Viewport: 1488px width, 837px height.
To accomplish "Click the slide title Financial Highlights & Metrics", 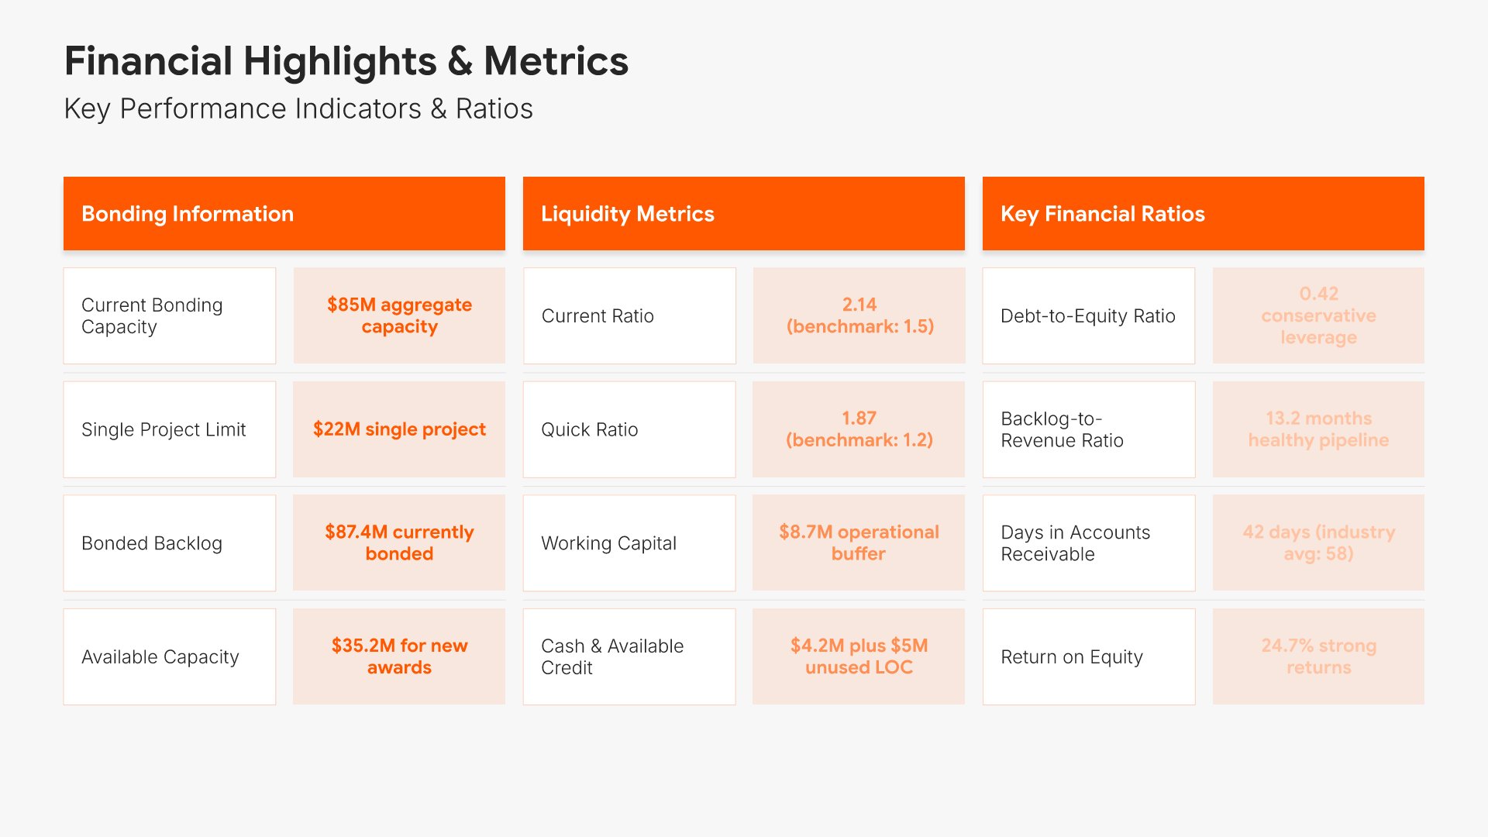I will point(346,61).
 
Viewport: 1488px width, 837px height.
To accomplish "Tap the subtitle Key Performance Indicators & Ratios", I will point(298,108).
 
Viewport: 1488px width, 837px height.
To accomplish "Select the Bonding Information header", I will point(284,213).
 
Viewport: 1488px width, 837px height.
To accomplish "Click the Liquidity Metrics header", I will point(743,213).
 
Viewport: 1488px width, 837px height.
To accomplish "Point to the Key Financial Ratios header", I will point(1203,213).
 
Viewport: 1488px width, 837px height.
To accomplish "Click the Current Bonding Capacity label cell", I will point(169,315).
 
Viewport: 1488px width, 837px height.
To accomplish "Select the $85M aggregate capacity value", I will point(399,315).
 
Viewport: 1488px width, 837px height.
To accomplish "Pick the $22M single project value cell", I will point(399,429).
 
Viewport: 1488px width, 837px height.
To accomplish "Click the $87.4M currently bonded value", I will point(399,542).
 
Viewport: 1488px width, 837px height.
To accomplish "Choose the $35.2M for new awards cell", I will point(399,656).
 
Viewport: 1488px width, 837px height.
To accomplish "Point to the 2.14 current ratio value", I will point(859,315).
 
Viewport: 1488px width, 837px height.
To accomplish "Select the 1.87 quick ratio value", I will point(859,429).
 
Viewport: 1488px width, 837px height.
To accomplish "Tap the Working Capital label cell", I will point(629,542).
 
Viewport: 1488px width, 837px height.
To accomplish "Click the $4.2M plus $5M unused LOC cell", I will point(859,656).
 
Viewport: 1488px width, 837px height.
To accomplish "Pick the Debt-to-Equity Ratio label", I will point(1088,315).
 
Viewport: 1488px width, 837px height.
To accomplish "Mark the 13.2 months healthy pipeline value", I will point(1318,429).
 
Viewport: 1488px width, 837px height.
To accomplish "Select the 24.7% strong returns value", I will point(1318,656).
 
